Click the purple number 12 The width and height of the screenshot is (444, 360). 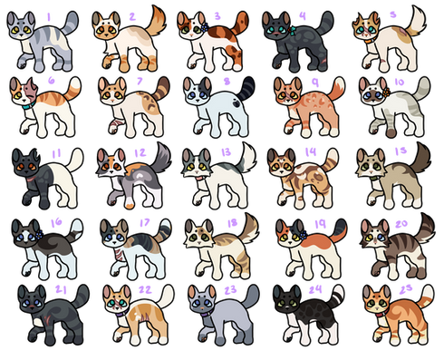(140, 153)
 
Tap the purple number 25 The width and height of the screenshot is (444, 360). (406, 289)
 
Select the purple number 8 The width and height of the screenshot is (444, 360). (227, 81)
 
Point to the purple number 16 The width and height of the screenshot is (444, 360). (56, 223)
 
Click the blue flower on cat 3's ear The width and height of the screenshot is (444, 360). (205, 27)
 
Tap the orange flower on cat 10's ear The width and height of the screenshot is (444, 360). (386, 92)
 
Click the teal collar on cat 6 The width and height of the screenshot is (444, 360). (29, 104)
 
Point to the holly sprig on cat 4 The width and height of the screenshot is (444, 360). (291, 30)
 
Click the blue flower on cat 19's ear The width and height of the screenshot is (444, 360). (303, 235)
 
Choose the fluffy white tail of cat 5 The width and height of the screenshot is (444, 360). (415, 20)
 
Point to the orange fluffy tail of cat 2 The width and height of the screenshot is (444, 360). (157, 21)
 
